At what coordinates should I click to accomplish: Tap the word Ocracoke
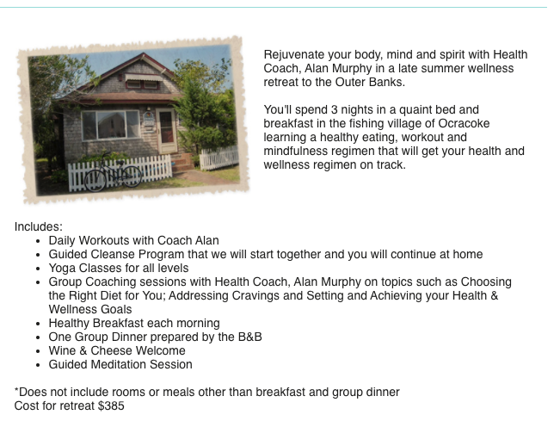pyautogui.click(x=464, y=123)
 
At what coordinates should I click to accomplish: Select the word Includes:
pyautogui.click(x=38, y=227)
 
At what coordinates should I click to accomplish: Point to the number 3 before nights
pyautogui.click(x=335, y=109)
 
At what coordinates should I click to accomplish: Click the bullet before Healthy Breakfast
pyautogui.click(x=38, y=324)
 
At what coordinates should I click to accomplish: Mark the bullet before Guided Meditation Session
pyautogui.click(x=38, y=365)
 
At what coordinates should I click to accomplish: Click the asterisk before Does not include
pyautogui.click(x=16, y=389)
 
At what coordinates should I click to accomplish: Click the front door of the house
pyautogui.click(x=167, y=131)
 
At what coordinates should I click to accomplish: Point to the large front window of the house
pyautogui.click(x=111, y=125)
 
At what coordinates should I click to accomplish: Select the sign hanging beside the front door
pyautogui.click(x=149, y=120)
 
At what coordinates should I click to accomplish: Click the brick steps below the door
pyautogui.click(x=183, y=163)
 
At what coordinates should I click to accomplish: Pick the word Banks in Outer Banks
pyautogui.click(x=387, y=82)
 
